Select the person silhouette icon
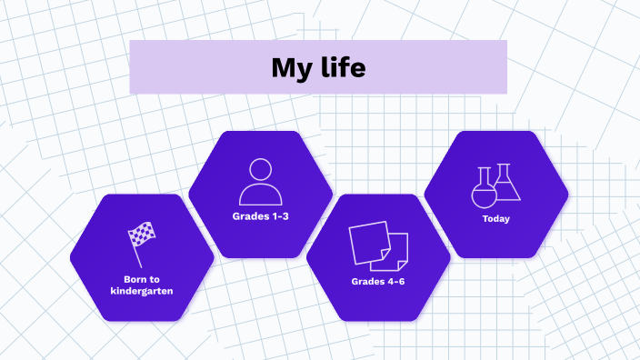tap(260, 182)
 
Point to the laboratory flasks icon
tap(496, 185)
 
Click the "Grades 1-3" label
tap(260, 217)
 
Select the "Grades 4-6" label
tap(378, 281)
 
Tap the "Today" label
tap(496, 219)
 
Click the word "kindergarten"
tap(142, 291)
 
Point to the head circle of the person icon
tap(260, 170)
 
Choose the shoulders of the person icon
tap(260, 194)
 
